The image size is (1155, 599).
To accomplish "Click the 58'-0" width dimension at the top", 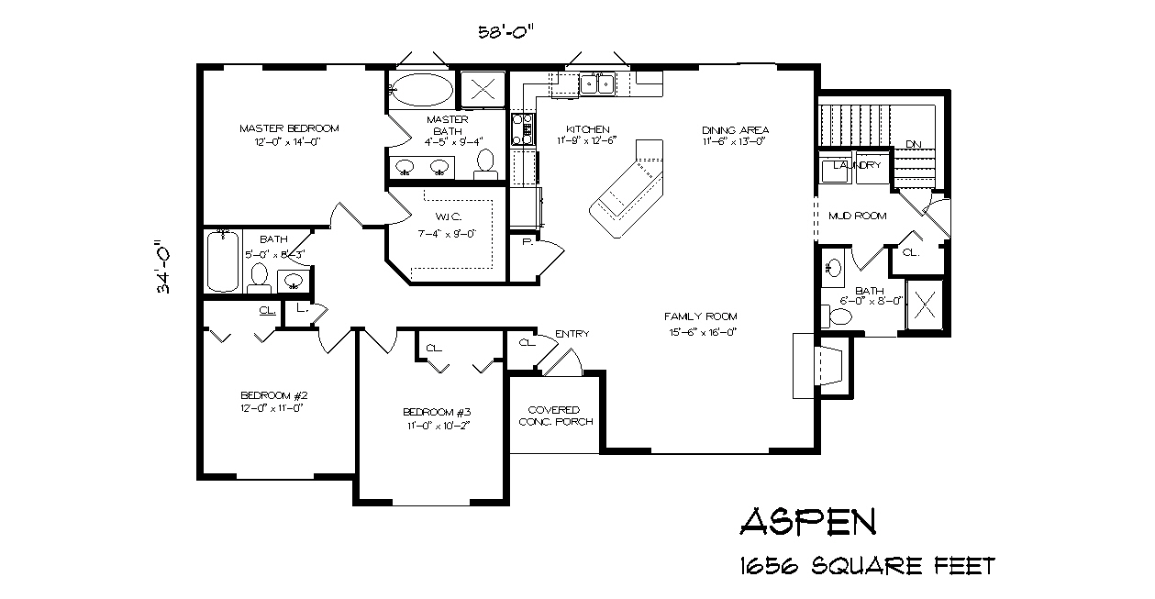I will click(x=505, y=31).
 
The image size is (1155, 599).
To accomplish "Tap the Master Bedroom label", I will click(x=289, y=128).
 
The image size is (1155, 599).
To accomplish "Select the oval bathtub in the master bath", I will click(x=421, y=90).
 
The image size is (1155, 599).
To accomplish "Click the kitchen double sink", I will click(x=595, y=84).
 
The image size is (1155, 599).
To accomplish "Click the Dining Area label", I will click(x=735, y=130).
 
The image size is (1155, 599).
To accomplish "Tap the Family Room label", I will click(x=701, y=316).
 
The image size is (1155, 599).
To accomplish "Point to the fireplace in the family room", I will click(x=819, y=365).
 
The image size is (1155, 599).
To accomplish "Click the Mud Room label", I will click(x=857, y=216).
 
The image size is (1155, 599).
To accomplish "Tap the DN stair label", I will click(x=913, y=145).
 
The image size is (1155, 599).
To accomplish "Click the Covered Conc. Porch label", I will click(x=555, y=416).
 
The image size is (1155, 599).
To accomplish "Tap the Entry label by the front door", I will click(x=572, y=334).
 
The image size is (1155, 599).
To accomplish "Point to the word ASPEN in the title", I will click(x=807, y=521).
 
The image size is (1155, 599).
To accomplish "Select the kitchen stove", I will click(x=522, y=128).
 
